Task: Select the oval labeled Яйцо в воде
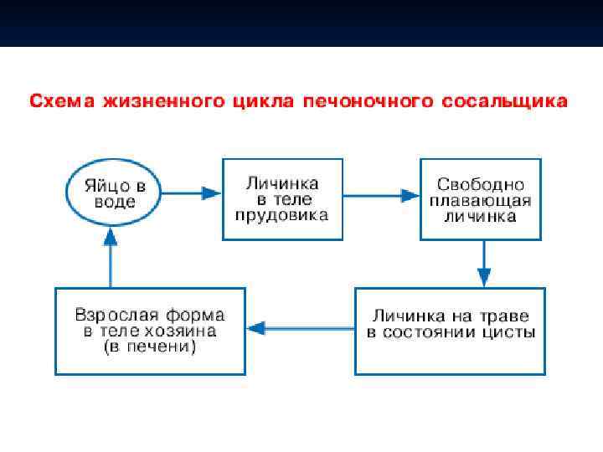coord(113,193)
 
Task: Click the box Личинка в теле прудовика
coord(282,199)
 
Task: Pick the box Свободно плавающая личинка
coord(480,199)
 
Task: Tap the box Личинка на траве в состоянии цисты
coord(451,331)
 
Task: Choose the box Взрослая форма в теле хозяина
coord(150,331)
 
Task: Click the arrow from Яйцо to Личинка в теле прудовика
coord(190,193)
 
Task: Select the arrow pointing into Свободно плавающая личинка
coord(381,196)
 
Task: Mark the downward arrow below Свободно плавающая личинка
coord(483,264)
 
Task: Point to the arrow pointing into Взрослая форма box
coord(302,327)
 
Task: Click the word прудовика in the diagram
coord(282,214)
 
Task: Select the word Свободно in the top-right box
coord(481,184)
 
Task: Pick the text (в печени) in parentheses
coord(150,346)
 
